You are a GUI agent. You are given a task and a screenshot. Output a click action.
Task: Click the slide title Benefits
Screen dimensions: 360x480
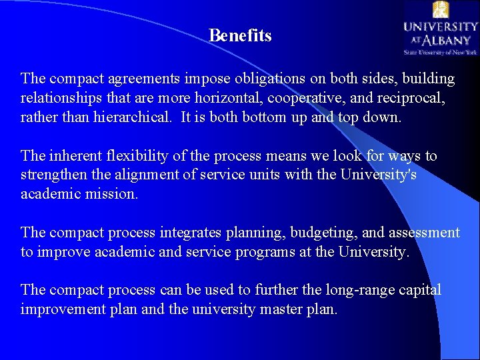point(240,35)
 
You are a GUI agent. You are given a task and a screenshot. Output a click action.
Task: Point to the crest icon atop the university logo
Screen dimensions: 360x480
point(440,9)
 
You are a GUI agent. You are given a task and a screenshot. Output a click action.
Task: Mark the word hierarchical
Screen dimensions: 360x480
point(129,117)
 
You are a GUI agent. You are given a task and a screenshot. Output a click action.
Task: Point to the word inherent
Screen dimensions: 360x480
point(74,156)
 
